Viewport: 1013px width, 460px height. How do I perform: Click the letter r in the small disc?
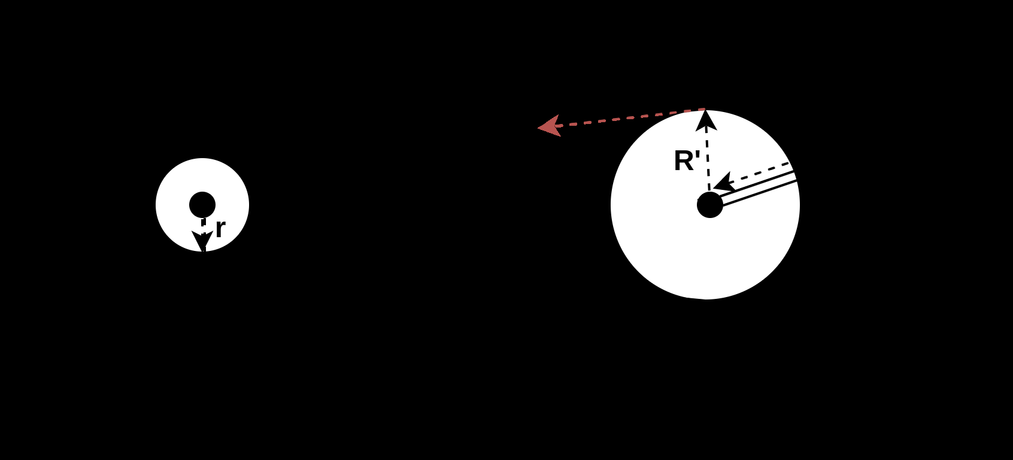pyautogui.click(x=220, y=229)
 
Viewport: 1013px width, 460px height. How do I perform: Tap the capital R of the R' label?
pyautogui.click(x=683, y=161)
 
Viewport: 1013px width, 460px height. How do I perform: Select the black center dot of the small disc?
pyautogui.click(x=202, y=205)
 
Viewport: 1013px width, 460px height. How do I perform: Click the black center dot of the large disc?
pyautogui.click(x=710, y=205)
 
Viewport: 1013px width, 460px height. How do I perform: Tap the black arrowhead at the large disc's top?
pyautogui.click(x=706, y=120)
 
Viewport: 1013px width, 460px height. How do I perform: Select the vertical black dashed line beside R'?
pyautogui.click(x=708, y=159)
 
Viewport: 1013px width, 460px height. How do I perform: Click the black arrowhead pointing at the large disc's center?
pyautogui.click(x=724, y=183)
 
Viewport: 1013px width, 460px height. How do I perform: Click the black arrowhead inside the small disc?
pyautogui.click(x=202, y=240)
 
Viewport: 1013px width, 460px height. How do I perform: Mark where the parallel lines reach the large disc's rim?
pyautogui.click(x=796, y=176)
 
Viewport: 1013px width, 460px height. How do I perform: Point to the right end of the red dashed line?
pyautogui.click(x=703, y=110)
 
